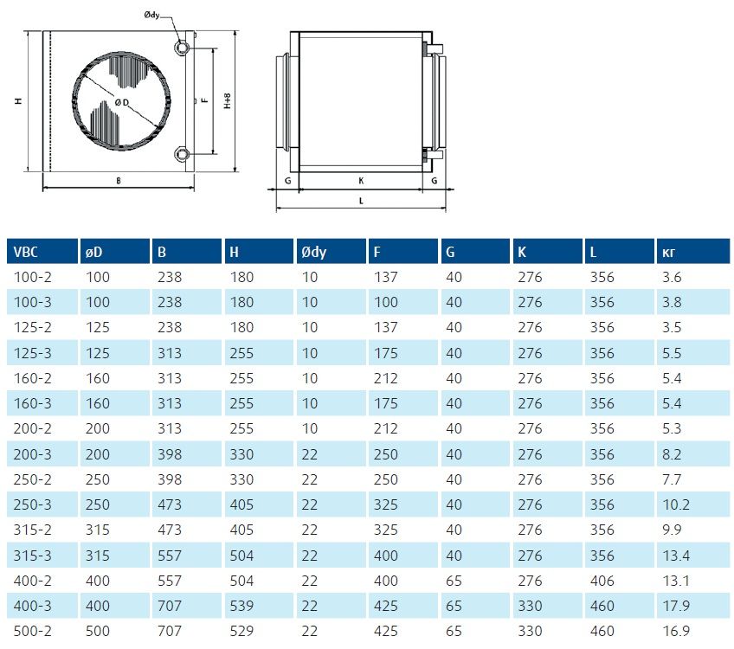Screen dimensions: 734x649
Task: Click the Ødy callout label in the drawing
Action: tap(151, 15)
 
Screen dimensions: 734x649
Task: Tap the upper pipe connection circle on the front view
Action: tap(181, 48)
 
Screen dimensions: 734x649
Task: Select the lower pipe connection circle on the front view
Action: tap(181, 153)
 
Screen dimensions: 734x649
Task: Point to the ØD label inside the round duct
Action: tap(122, 102)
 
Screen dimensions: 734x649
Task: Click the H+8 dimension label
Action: tap(228, 100)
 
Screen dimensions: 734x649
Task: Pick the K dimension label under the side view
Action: tap(361, 181)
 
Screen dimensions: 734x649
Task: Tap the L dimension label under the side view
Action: tap(361, 201)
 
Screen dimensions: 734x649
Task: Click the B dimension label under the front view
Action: tap(119, 181)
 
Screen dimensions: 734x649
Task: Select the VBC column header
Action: tap(25, 252)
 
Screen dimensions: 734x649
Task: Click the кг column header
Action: tap(668, 253)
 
